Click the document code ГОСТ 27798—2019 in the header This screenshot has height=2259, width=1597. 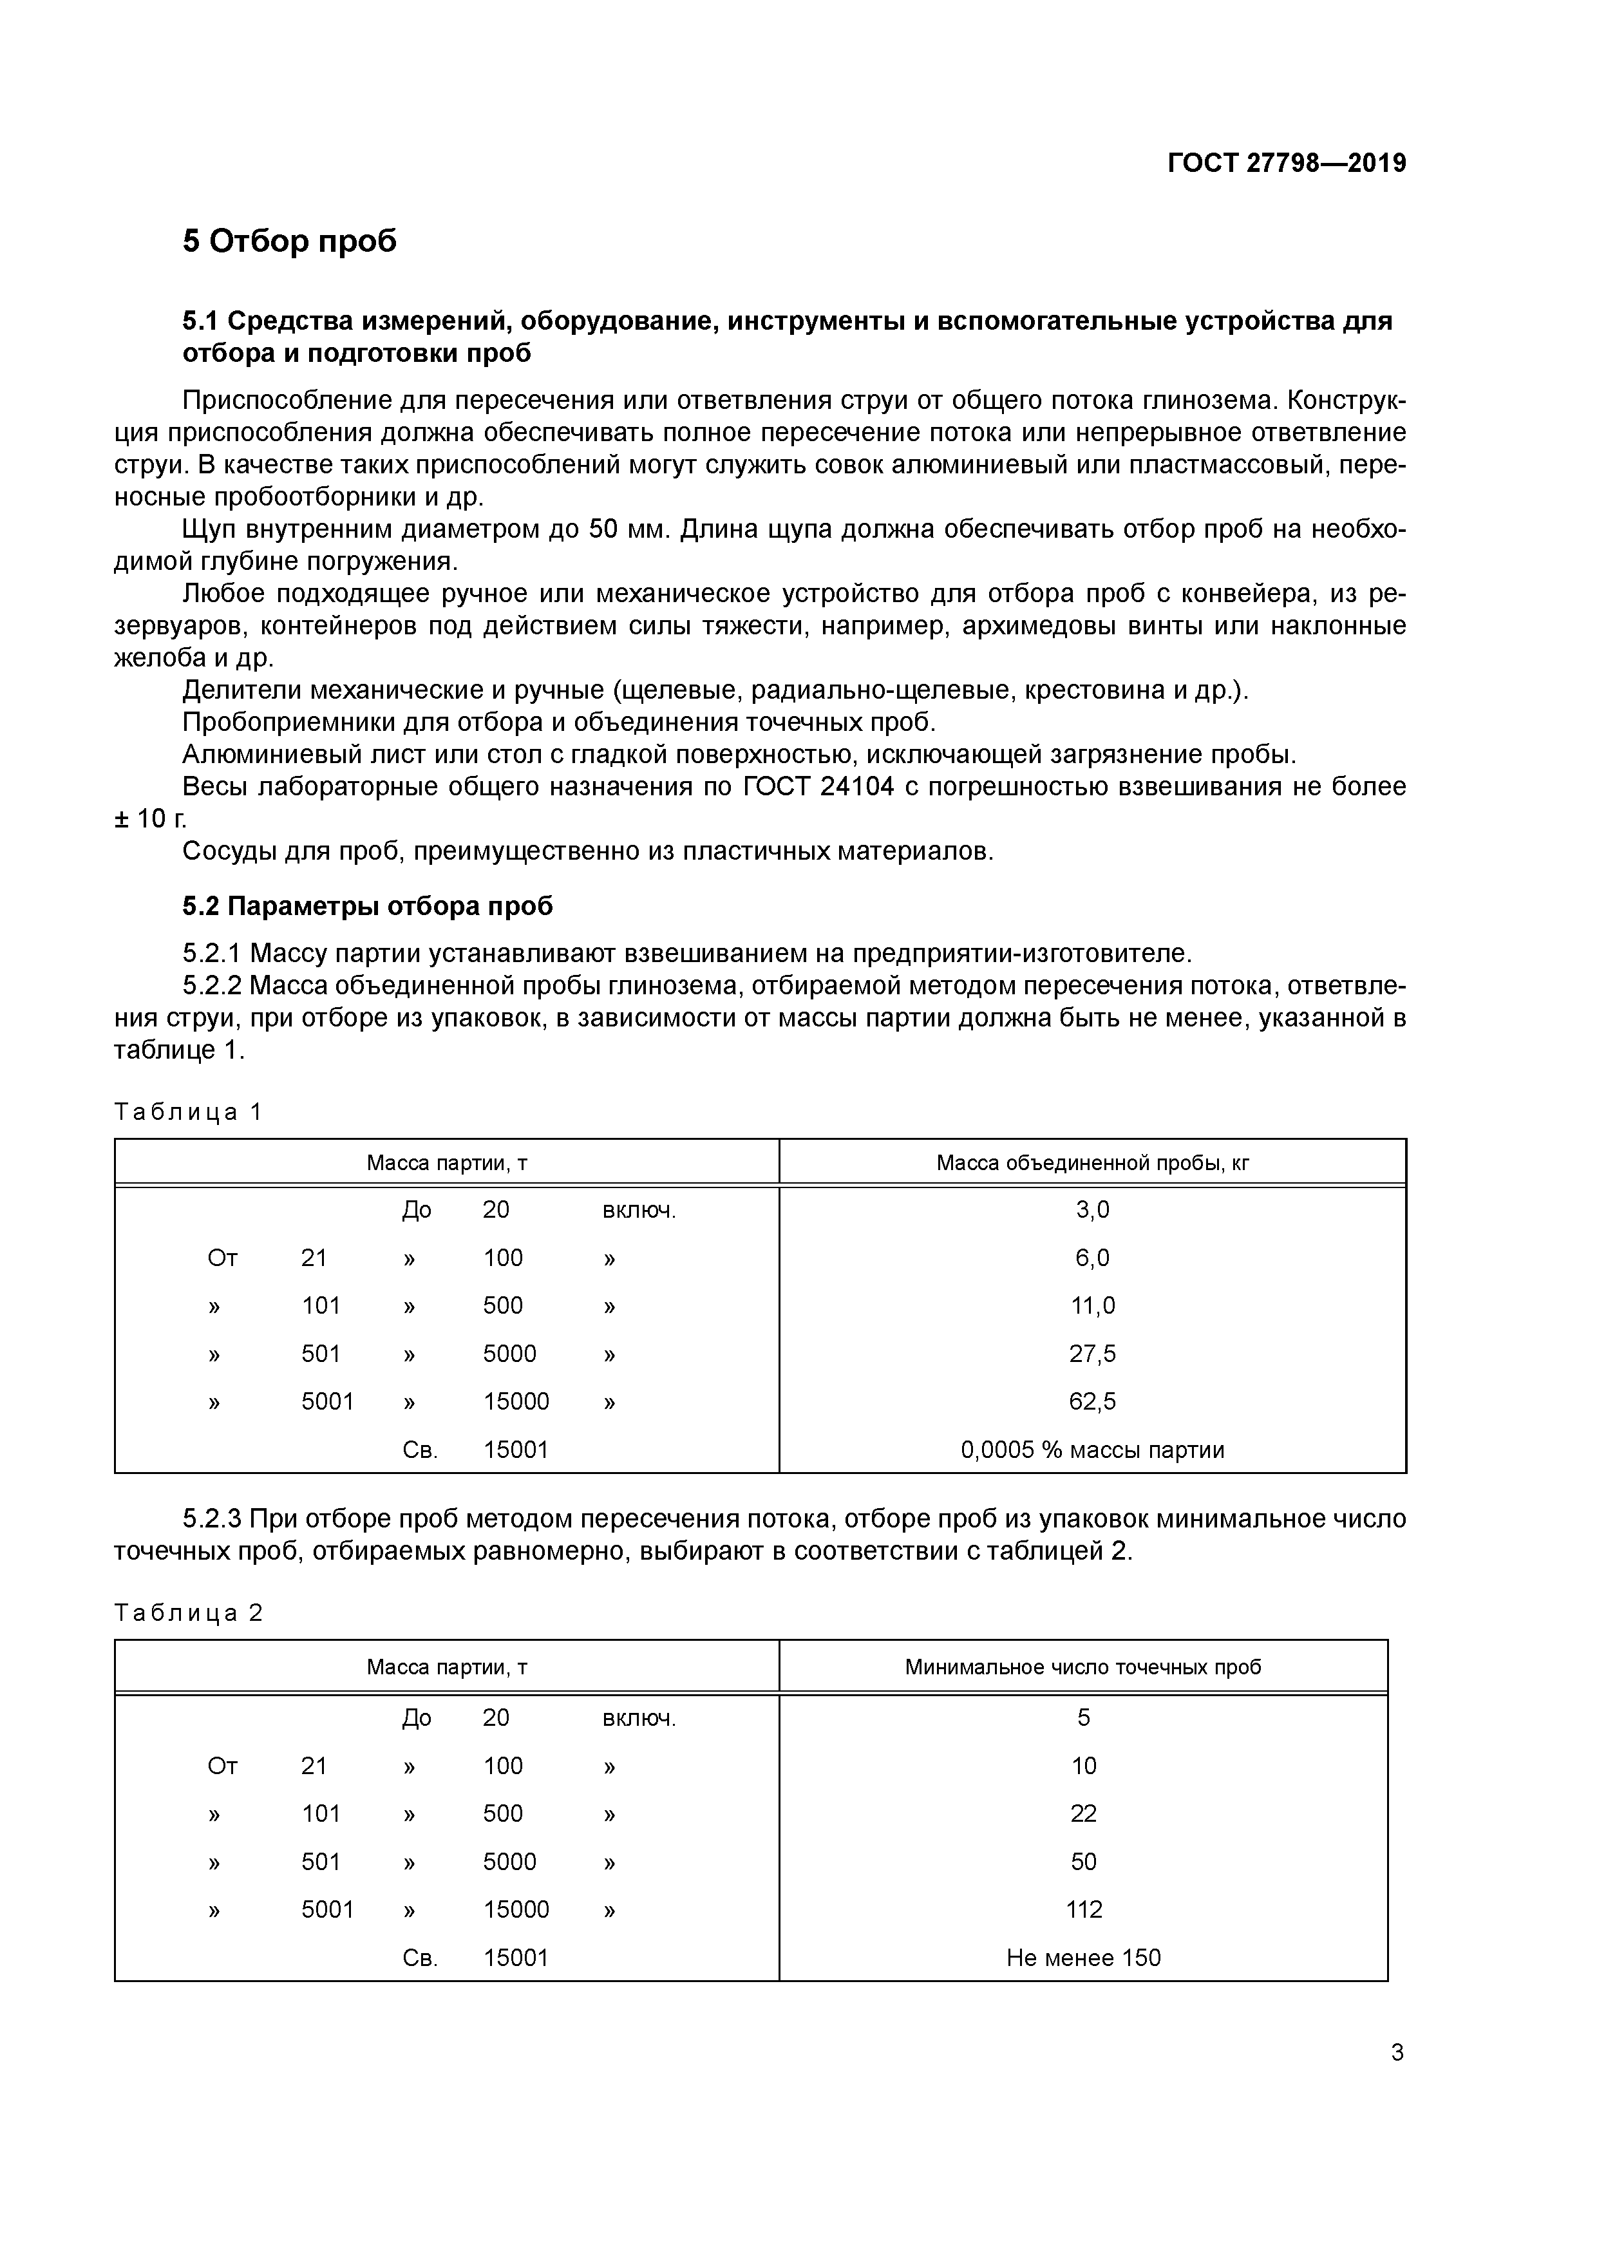1286,164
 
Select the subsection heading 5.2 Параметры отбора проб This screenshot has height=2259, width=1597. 367,905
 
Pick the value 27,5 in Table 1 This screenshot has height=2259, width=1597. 1092,1354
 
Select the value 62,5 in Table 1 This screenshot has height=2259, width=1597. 1092,1401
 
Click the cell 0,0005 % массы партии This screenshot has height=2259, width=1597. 1092,1450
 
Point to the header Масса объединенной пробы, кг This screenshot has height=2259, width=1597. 1092,1163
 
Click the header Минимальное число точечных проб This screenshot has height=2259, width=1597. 1082,1667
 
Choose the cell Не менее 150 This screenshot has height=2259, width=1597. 1083,1958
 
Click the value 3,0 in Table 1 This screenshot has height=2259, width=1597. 1092,1209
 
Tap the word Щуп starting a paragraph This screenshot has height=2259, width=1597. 211,529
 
